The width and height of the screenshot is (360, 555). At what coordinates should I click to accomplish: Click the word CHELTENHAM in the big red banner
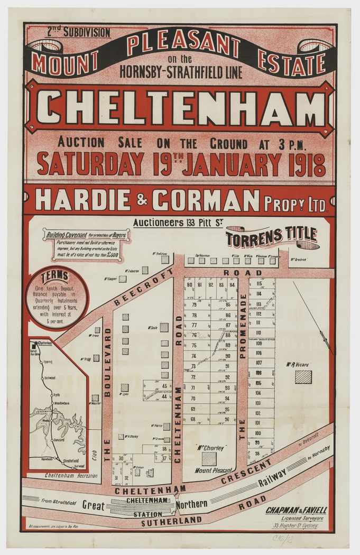pyautogui.click(x=180, y=108)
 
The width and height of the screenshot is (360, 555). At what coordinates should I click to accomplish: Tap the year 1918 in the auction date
pyautogui.click(x=306, y=164)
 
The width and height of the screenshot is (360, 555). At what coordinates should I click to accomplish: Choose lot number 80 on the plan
pyautogui.click(x=189, y=285)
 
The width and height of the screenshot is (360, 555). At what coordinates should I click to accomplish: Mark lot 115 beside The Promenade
pyautogui.click(x=259, y=284)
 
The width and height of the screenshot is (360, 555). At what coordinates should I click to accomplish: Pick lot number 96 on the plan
pyautogui.click(x=227, y=419)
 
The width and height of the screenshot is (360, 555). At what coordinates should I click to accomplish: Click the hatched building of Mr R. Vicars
pyautogui.click(x=303, y=377)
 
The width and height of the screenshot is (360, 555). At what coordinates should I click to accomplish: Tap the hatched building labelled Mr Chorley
pyautogui.click(x=209, y=458)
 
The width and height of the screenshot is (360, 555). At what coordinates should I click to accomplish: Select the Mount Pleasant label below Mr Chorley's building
pyautogui.click(x=213, y=470)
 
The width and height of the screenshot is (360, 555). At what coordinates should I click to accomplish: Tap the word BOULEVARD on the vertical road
pyautogui.click(x=107, y=362)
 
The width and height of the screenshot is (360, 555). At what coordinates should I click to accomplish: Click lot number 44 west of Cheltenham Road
pyautogui.click(x=164, y=396)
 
